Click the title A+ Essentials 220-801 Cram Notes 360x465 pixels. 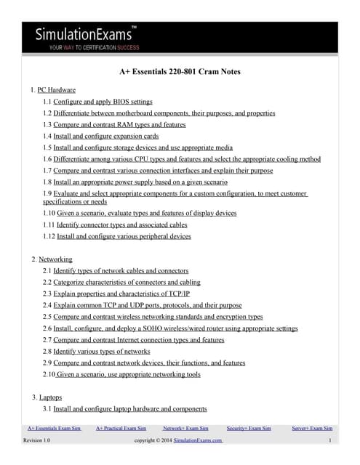tap(180, 72)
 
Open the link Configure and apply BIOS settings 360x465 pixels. tap(103, 102)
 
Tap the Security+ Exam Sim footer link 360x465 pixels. tap(249, 429)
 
